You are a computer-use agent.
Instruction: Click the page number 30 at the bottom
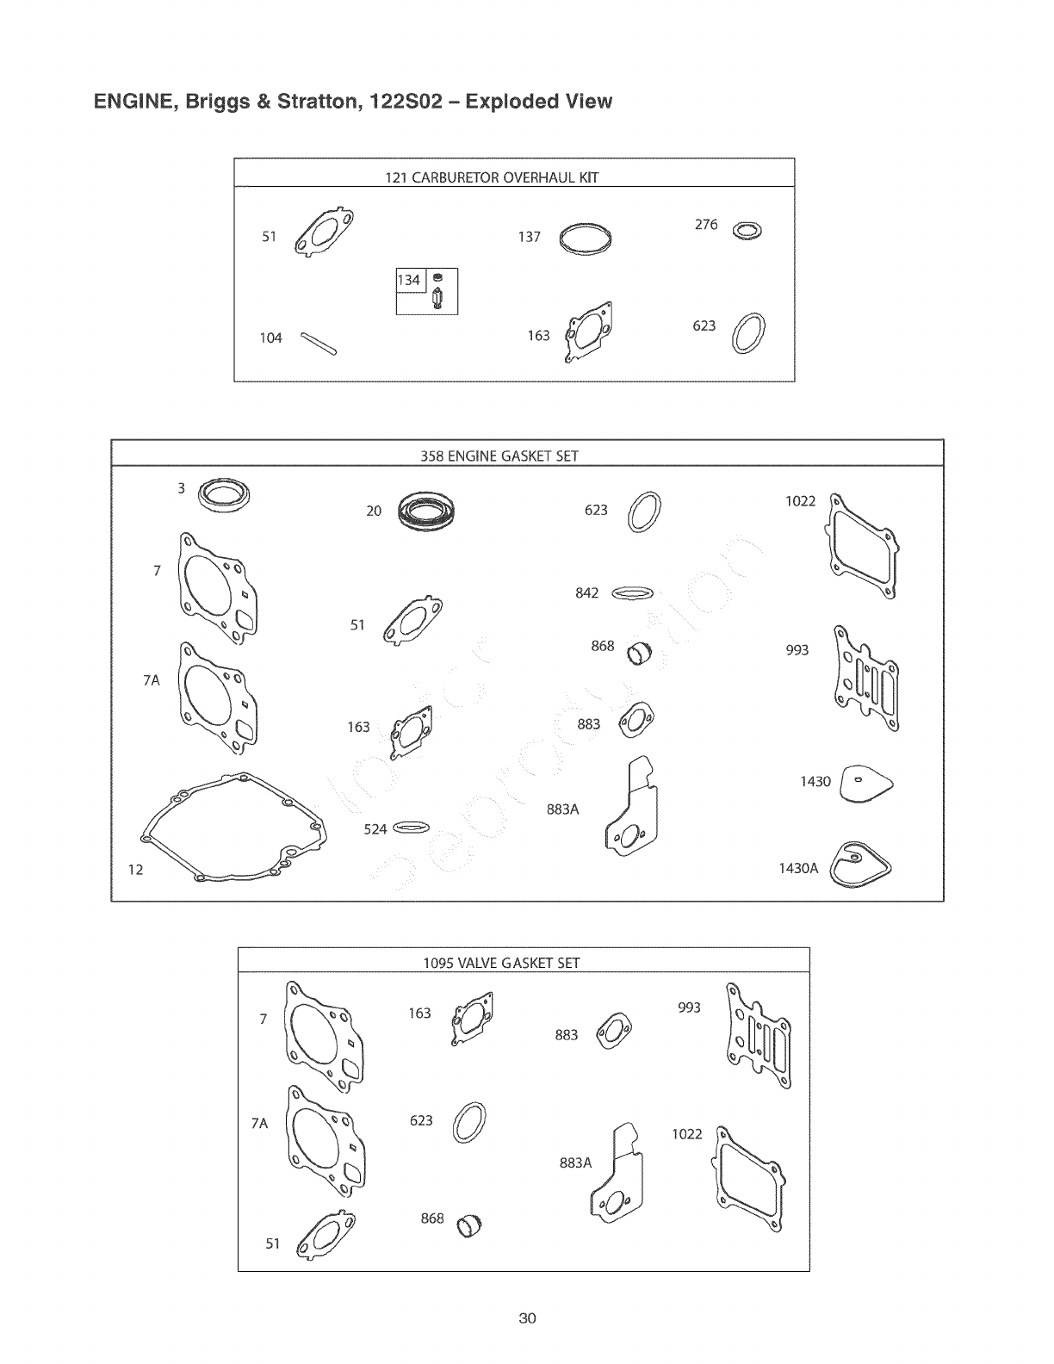pyautogui.click(x=528, y=1318)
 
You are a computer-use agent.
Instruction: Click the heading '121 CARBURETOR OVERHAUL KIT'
pyautogui.click(x=491, y=178)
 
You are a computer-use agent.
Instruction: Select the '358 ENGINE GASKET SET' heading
pyautogui.click(x=499, y=456)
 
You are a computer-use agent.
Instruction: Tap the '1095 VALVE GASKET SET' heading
pyautogui.click(x=501, y=963)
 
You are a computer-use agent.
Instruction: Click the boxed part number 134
pyautogui.click(x=409, y=280)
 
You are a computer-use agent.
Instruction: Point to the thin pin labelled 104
pyautogui.click(x=318, y=343)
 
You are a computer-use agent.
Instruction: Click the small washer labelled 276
pyautogui.click(x=747, y=231)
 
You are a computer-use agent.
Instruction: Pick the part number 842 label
pyautogui.click(x=586, y=593)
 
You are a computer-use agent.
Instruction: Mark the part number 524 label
pyautogui.click(x=375, y=829)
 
